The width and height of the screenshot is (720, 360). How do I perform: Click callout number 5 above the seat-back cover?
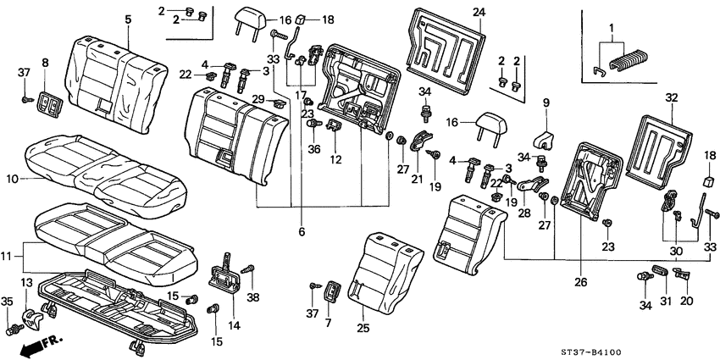pyautogui.click(x=128, y=19)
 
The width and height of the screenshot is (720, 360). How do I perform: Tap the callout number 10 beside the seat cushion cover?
pyautogui.click(x=12, y=179)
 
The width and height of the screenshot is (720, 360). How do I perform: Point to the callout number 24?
pyautogui.click(x=479, y=13)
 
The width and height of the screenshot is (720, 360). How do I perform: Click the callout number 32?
pyautogui.click(x=672, y=98)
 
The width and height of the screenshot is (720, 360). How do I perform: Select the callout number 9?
pyautogui.click(x=546, y=103)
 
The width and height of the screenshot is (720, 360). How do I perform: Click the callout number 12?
pyautogui.click(x=336, y=160)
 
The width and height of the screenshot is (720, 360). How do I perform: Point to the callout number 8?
pyautogui.click(x=45, y=63)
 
